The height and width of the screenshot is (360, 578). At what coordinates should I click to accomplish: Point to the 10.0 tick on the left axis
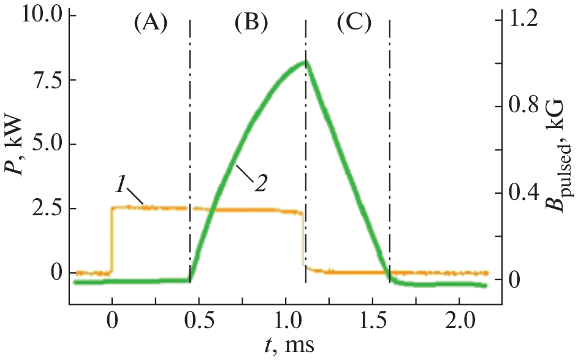(40, 15)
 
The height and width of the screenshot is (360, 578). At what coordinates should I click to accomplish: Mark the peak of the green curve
(305, 62)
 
